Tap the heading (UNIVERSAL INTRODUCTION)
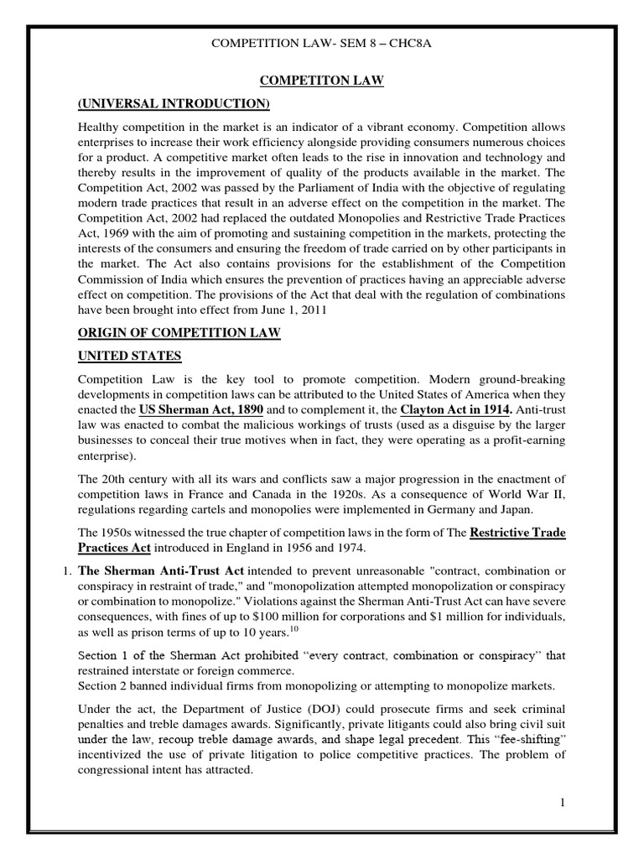tap(174, 103)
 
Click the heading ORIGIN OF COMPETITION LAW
tap(179, 333)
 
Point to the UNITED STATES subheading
tap(129, 357)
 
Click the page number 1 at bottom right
tap(564, 803)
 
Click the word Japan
tap(510, 509)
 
